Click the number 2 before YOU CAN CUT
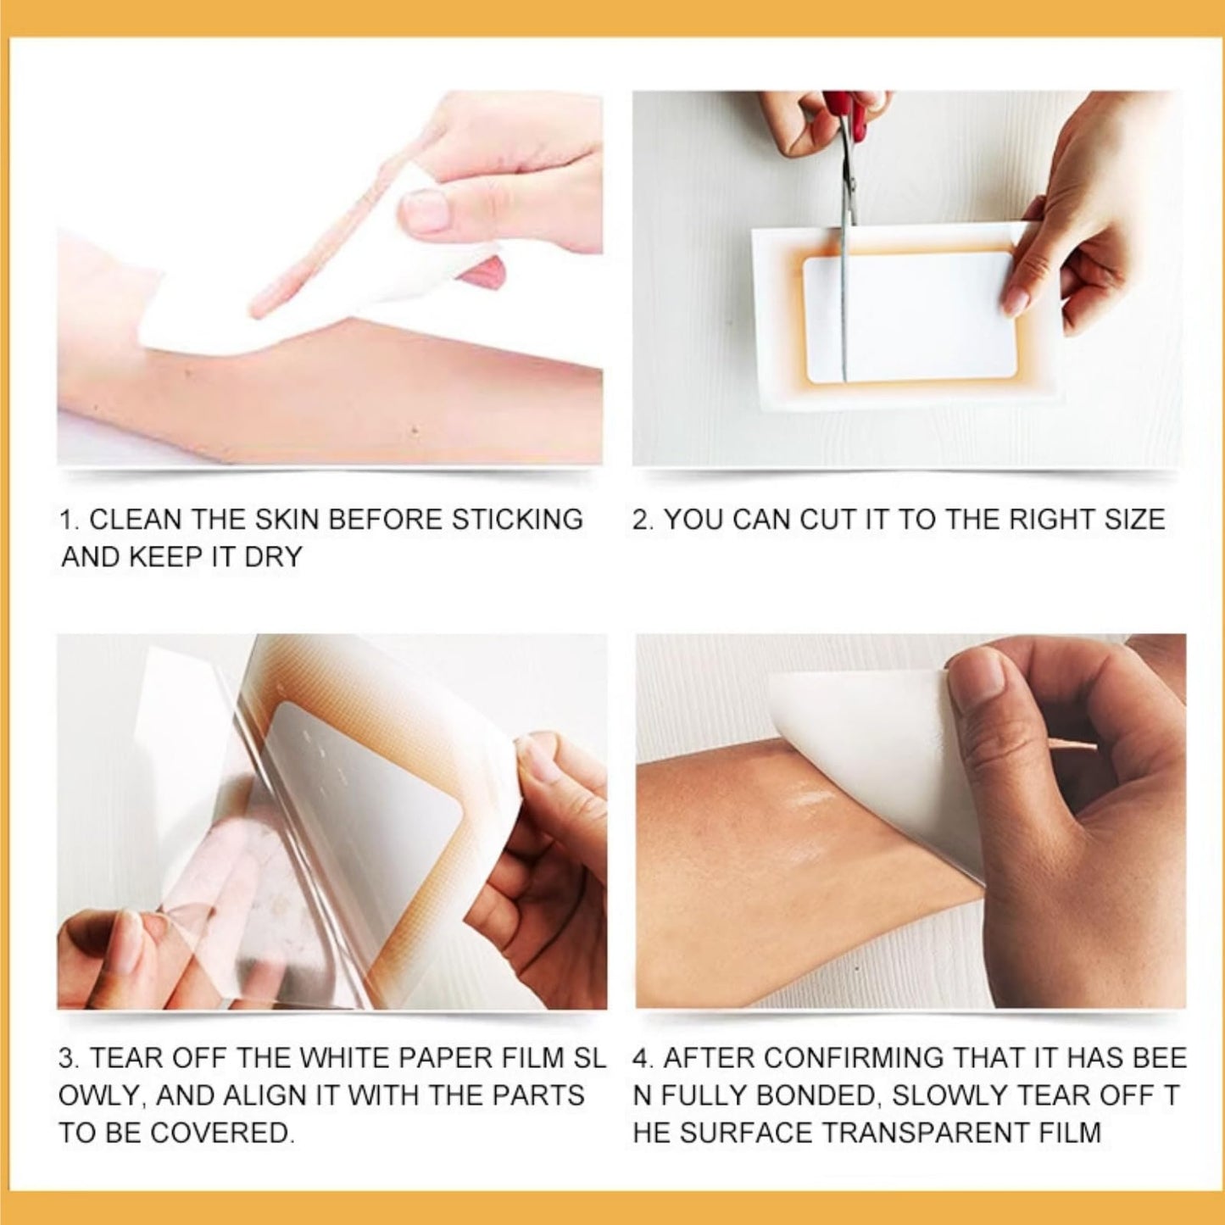642,520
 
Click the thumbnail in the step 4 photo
984,680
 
